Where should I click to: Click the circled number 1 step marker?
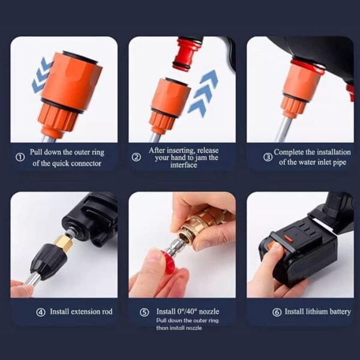(x=19, y=158)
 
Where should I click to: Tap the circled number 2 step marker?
(x=137, y=157)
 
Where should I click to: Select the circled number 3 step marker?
(x=268, y=157)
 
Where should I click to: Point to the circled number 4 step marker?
(x=41, y=312)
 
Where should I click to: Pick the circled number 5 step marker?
(x=145, y=312)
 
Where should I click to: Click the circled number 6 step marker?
(x=276, y=312)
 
